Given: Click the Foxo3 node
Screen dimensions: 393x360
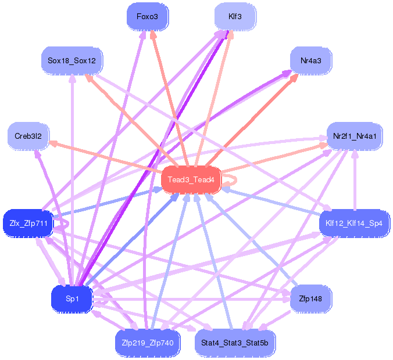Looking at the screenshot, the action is click(148, 17).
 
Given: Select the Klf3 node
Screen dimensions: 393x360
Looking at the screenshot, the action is click(235, 17).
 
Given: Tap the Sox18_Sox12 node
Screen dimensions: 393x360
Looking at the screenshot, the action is click(72, 61).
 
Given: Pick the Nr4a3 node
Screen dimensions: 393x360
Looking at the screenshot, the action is click(311, 61).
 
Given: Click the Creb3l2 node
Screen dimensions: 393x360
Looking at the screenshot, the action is click(28, 136).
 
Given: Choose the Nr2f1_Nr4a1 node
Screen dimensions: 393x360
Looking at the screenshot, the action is click(355, 136).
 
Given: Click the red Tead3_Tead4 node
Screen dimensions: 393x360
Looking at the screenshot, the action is click(191, 180).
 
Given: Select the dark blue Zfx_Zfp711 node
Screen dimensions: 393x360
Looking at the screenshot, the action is click(28, 224).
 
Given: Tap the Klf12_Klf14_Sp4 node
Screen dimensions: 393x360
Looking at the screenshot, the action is click(355, 224).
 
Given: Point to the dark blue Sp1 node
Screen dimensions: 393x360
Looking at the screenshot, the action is click(72, 299).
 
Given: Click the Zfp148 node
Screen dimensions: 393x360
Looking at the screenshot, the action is click(311, 299).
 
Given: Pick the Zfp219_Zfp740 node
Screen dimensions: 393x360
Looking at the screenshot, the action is click(148, 343).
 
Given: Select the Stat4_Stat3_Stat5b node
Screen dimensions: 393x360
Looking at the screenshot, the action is click(235, 343).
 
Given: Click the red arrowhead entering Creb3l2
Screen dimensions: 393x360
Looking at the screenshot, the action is click(53, 143).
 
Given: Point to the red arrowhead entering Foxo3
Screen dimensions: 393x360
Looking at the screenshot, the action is click(153, 34).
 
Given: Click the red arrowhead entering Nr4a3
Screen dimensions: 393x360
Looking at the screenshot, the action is click(295, 77).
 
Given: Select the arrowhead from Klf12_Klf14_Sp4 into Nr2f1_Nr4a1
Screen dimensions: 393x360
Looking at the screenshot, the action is click(355, 154).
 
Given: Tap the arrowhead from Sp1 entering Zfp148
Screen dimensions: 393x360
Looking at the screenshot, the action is click(286, 299).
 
